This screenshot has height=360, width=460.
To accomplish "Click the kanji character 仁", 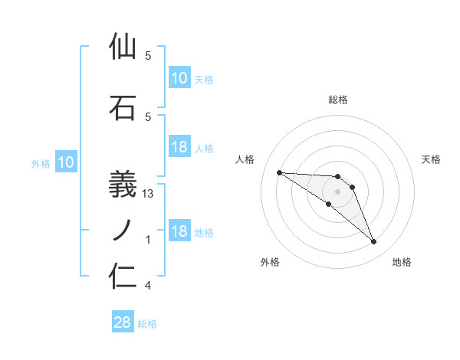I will pyautogui.click(x=123, y=276).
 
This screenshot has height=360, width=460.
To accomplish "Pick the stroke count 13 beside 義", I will pyautogui.click(x=149, y=194).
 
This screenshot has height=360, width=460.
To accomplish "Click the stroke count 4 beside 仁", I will pyautogui.click(x=148, y=286).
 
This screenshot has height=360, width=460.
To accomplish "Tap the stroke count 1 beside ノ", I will pyautogui.click(x=148, y=240).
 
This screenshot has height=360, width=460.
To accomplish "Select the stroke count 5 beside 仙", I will pyautogui.click(x=148, y=56).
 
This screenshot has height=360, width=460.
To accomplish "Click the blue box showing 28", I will pyautogui.click(x=123, y=322).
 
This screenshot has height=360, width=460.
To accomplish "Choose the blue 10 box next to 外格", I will pyautogui.click(x=65, y=162).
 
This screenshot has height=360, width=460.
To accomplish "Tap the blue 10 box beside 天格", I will pyautogui.click(x=179, y=77).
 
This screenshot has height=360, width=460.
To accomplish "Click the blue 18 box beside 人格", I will pyautogui.click(x=179, y=147).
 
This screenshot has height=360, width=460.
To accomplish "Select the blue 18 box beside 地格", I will pyautogui.click(x=179, y=231).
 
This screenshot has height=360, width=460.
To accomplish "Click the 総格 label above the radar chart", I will pyautogui.click(x=338, y=100).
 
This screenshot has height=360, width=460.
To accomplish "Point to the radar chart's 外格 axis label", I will pyautogui.click(x=270, y=263).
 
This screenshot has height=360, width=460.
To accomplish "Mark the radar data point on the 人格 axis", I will pyautogui.click(x=279, y=172).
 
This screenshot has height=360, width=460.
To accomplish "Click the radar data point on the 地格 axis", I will pyautogui.click(x=373, y=242).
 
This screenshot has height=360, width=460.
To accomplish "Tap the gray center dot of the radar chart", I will pyautogui.click(x=337, y=191).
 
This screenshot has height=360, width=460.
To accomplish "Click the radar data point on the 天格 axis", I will pyautogui.click(x=352, y=187).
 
